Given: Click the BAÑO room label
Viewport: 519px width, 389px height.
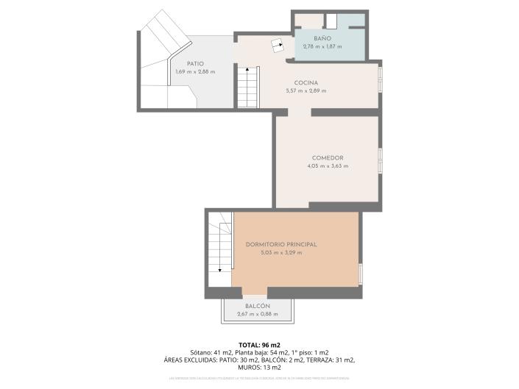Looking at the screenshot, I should tap(322, 38).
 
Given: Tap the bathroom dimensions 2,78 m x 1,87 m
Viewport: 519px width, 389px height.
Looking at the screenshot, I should tap(322, 46).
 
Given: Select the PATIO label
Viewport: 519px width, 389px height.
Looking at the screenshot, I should tap(194, 63).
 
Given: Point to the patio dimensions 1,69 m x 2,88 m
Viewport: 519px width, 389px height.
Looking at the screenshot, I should tap(194, 71).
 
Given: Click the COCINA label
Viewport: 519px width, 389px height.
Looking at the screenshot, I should tap(306, 82).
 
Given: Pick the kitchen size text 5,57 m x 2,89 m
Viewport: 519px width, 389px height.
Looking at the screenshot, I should tap(306, 90).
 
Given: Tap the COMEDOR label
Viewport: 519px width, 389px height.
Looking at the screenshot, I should tap(328, 157).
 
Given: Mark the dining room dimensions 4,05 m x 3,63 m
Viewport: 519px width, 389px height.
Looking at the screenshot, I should tap(328, 166).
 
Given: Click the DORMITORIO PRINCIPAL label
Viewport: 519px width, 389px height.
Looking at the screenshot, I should tap(281, 244).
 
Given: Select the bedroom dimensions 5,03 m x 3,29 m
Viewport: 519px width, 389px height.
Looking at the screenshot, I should tap(281, 252).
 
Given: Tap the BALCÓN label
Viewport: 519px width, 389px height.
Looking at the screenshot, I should tap(258, 306).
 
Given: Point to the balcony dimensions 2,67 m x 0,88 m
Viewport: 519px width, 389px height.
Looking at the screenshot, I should tap(258, 314).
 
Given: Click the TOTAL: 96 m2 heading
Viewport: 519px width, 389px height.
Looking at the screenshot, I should tap(259, 345).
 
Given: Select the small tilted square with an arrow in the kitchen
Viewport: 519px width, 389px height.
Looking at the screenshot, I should tap(278, 44).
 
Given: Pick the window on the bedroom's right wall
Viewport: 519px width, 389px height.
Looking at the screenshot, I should tap(361, 274).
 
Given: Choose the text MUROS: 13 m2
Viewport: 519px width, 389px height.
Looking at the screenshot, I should tap(259, 367).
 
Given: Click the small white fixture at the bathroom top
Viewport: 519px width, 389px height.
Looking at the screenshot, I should tap(332, 21).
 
